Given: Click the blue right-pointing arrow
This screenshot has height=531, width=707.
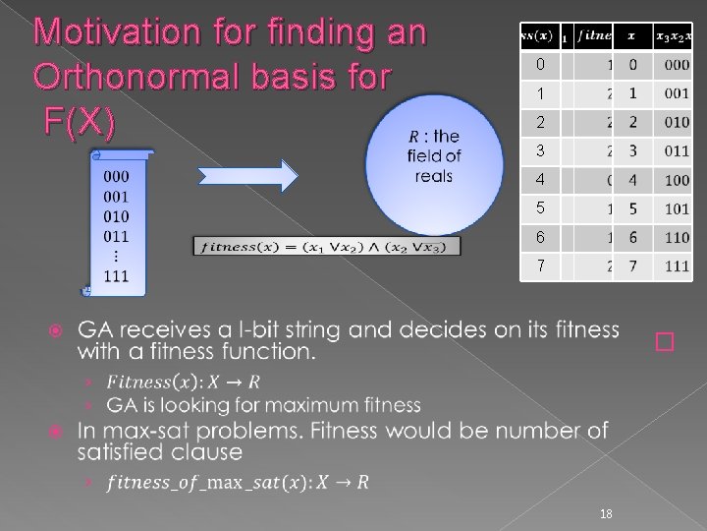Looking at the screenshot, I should tap(247, 176).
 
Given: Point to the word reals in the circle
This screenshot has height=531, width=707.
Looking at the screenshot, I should tap(433, 177).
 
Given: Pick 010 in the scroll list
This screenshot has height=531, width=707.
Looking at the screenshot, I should tap(116, 215).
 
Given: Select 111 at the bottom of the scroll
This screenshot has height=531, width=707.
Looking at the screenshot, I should tap(116, 275).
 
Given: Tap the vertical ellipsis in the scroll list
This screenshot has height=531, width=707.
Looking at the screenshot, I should tap(116, 256).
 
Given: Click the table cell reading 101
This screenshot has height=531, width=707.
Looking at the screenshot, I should tap(677, 209).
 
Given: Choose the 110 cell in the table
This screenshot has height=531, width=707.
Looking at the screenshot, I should tap(677, 238).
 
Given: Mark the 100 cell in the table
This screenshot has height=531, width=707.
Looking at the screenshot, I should tap(677, 181).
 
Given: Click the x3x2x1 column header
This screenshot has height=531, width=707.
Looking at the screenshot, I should tap(675, 36).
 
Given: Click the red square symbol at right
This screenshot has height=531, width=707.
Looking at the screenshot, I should tap(666, 341).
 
